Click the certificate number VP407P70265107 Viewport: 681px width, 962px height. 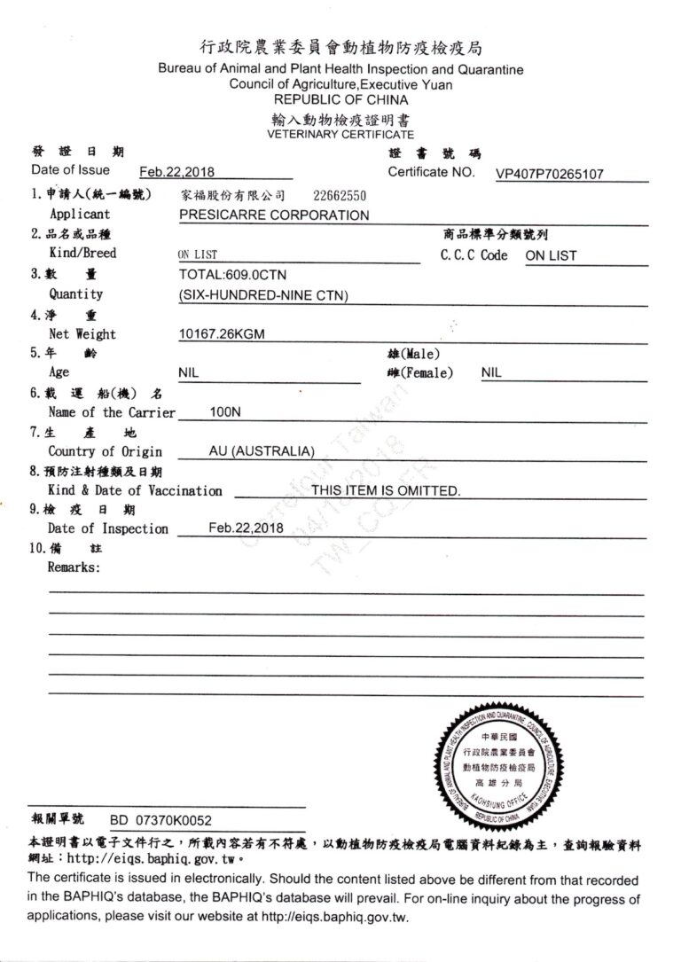549,175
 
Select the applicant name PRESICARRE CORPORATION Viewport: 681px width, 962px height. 274,215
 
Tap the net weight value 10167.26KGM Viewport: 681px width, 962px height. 222,334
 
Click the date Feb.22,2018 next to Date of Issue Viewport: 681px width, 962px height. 177,173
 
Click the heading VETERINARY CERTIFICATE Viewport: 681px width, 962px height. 340,135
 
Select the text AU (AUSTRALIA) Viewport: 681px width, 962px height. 262,451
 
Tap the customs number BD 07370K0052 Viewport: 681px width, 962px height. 160,821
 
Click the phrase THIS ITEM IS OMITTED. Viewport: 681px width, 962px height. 386,490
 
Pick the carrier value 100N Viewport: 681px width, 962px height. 225,412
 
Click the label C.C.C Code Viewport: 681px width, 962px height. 474,254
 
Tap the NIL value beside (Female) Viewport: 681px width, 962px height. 491,373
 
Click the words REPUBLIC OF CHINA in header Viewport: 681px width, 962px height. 340,100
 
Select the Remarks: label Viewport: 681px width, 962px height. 74,567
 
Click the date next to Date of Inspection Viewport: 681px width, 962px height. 246,528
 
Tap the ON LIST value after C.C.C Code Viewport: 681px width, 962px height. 551,255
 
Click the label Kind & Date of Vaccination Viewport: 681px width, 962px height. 135,490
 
